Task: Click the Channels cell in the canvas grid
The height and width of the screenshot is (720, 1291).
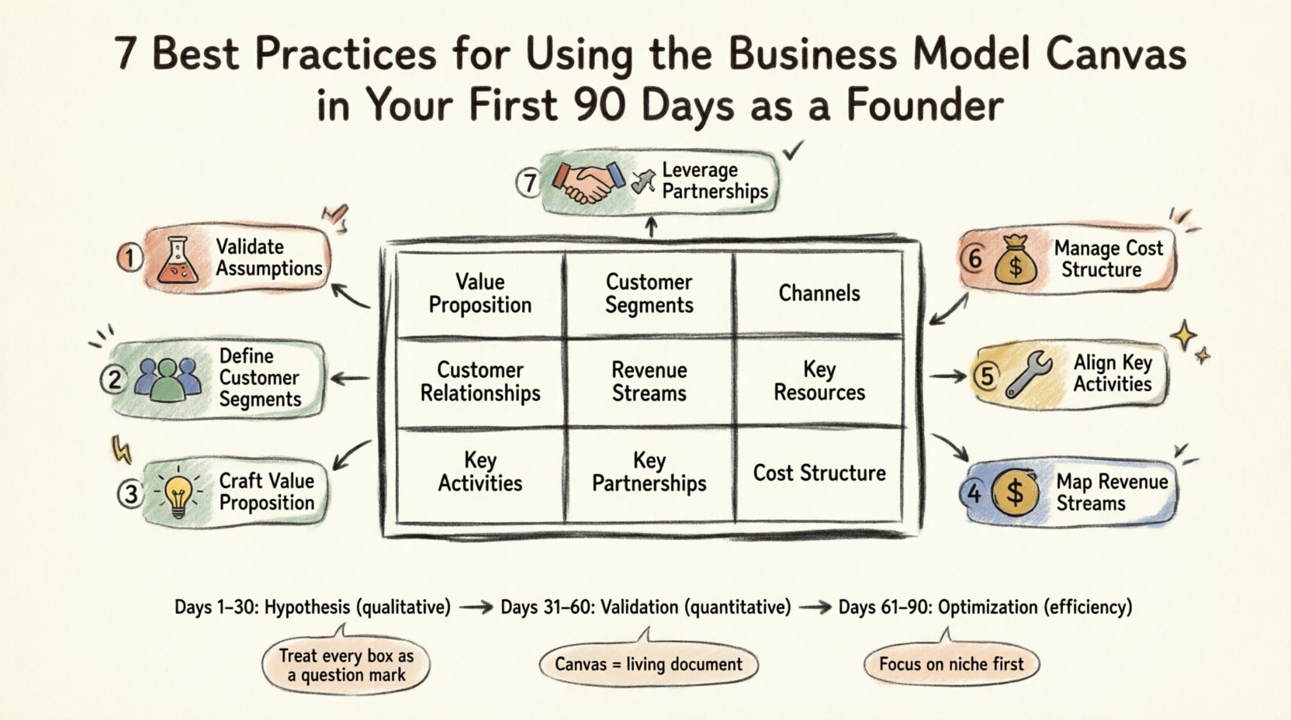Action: pyautogui.click(x=819, y=293)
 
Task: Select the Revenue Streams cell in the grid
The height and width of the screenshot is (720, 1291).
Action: pyautogui.click(x=649, y=382)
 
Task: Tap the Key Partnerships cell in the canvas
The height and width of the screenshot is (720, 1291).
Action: pyautogui.click(x=649, y=472)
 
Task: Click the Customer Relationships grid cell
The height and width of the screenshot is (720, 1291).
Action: pyautogui.click(x=480, y=382)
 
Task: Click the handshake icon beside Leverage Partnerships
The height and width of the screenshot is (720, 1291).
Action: pyautogui.click(x=588, y=182)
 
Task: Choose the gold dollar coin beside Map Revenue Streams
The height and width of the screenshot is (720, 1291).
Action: pyautogui.click(x=1015, y=492)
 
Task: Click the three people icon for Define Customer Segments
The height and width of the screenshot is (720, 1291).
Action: pyautogui.click(x=168, y=378)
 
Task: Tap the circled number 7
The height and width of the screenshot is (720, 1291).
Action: pyautogui.click(x=529, y=183)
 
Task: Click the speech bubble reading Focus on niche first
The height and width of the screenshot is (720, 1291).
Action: pyautogui.click(x=951, y=664)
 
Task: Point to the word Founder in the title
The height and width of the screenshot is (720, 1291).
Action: pyautogui.click(x=925, y=105)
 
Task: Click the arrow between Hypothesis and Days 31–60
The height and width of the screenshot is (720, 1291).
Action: pyautogui.click(x=476, y=607)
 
